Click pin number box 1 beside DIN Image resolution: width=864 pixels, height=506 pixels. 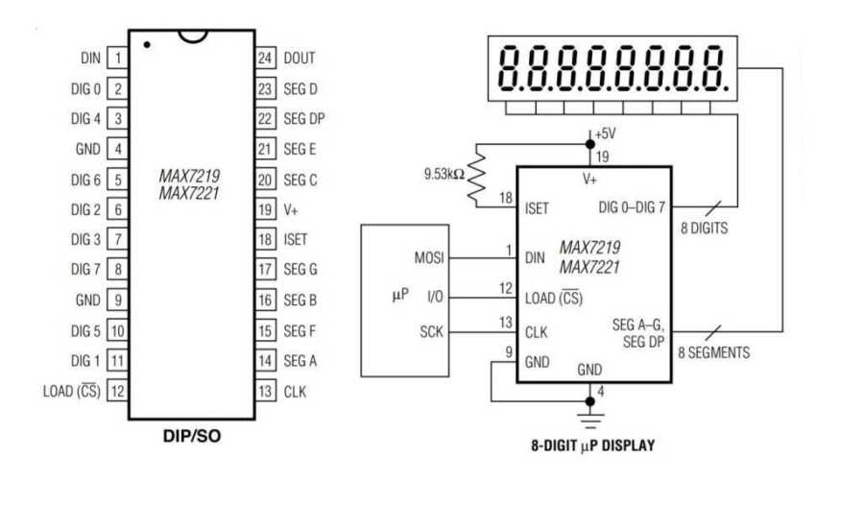point(117,59)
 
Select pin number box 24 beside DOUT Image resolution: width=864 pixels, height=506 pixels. point(266,59)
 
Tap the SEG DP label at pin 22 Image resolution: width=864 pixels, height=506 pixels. point(304,119)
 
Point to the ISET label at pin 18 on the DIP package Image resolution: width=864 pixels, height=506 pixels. point(296,240)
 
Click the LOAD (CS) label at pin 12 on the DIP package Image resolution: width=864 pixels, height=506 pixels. point(71,391)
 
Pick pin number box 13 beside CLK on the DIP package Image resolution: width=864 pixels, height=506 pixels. point(266,391)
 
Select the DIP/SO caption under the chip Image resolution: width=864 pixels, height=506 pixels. point(191,438)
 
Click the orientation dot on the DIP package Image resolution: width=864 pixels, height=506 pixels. point(146,44)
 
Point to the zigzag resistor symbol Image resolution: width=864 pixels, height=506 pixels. point(477,175)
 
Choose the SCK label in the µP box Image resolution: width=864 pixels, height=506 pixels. point(431,332)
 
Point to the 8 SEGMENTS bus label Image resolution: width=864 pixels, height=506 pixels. point(715,352)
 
